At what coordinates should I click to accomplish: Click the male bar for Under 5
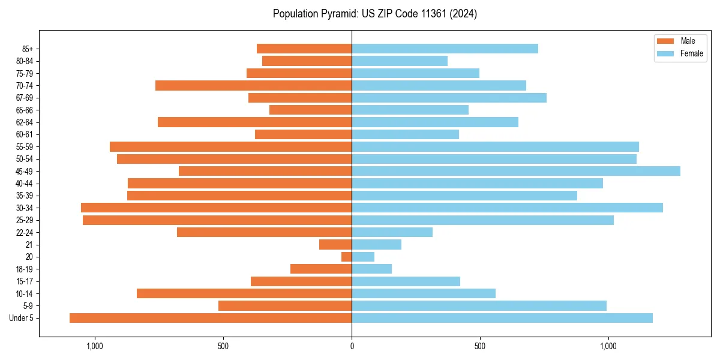pos(211,318)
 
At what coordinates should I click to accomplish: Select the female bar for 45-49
pos(516,171)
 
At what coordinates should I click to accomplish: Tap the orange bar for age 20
pos(346,257)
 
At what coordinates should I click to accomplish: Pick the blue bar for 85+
pos(445,49)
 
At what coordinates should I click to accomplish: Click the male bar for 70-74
pos(253,85)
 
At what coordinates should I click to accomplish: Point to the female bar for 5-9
pos(479,306)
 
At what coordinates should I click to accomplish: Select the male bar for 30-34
pos(216,208)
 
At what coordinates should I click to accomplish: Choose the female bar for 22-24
pos(392,232)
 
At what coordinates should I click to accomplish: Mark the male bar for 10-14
pos(244,293)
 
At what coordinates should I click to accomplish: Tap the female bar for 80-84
pos(400,61)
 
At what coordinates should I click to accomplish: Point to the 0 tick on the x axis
pos(352,346)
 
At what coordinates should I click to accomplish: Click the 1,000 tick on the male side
pos(95,346)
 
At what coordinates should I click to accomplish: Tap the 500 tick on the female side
pos(480,346)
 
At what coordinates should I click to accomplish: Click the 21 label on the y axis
pos(28,245)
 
